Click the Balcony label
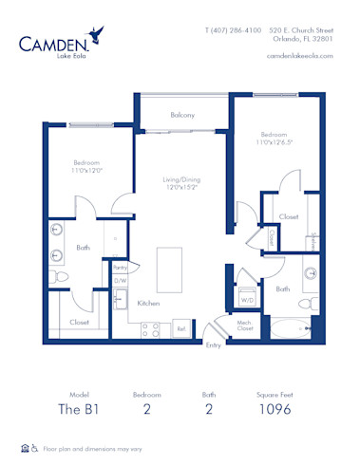(x=182, y=115)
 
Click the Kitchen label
(x=147, y=303)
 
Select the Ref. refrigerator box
(x=180, y=329)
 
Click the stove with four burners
(x=151, y=329)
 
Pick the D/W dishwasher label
(x=121, y=281)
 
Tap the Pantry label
(x=121, y=268)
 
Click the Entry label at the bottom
(x=214, y=345)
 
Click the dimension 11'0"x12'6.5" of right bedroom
(x=276, y=141)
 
